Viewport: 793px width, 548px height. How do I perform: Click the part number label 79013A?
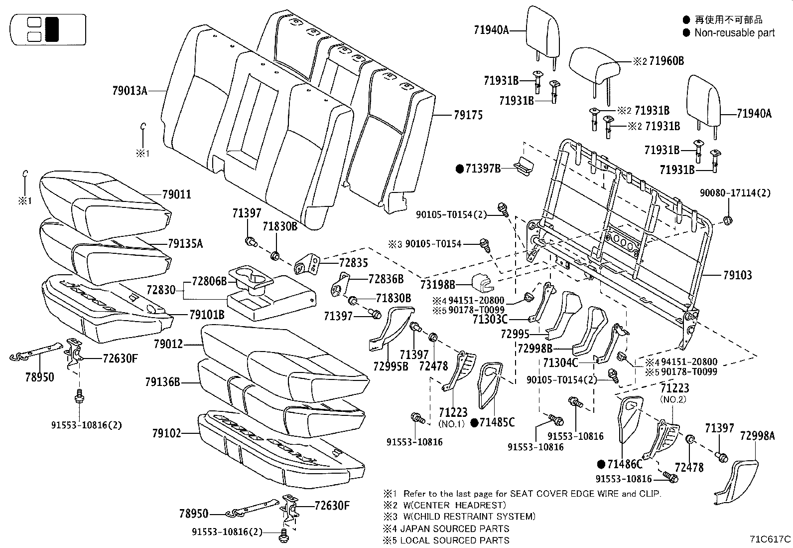tap(130, 91)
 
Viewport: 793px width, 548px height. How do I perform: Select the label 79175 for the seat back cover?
tap(468, 115)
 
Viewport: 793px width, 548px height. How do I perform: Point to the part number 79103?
tap(737, 275)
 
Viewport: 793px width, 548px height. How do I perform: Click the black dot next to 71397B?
tap(460, 169)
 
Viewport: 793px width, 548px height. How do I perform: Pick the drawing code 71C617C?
tap(771, 539)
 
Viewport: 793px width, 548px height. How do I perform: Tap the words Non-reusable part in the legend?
tap(734, 33)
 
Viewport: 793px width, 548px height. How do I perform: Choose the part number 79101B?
tap(207, 315)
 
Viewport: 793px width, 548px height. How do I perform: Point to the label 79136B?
tap(162, 382)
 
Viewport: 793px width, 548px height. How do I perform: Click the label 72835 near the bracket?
tap(353, 262)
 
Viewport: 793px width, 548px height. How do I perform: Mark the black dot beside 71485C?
tap(474, 423)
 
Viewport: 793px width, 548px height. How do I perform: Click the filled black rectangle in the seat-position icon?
tap(52, 29)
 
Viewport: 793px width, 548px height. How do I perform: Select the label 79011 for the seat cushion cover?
tap(176, 194)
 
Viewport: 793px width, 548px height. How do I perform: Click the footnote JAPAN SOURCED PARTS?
tap(455, 529)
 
